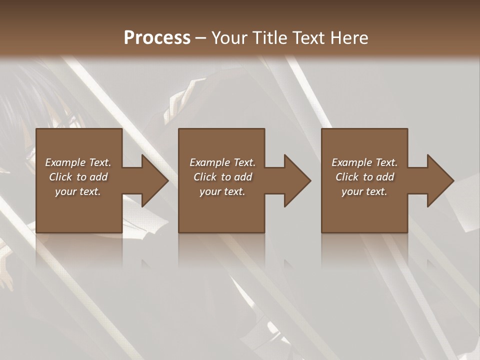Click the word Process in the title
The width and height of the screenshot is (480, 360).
click(157, 38)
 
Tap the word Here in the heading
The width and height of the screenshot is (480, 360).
click(349, 38)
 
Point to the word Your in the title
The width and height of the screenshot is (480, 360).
click(230, 38)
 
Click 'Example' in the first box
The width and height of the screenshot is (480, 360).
click(65, 162)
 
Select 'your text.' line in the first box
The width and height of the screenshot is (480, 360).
click(78, 191)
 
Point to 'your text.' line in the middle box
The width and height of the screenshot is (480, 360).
click(222, 191)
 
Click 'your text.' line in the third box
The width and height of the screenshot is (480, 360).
click(364, 191)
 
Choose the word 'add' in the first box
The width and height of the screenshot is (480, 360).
click(98, 177)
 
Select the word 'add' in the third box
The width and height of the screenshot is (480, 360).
click(385, 177)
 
